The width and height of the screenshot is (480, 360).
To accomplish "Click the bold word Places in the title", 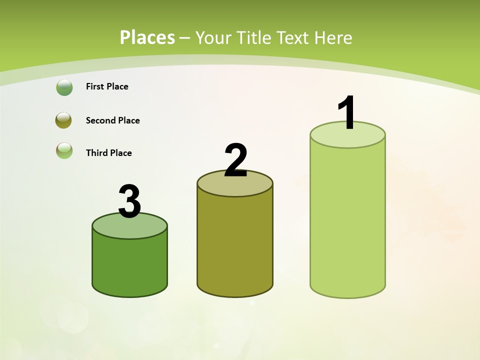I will click(x=147, y=37).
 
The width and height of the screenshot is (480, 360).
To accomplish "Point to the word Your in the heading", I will click(x=213, y=37).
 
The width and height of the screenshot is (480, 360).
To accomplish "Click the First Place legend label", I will click(x=107, y=86).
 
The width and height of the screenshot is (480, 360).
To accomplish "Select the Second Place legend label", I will click(x=112, y=120).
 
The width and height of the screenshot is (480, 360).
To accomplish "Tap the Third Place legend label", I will click(x=108, y=153).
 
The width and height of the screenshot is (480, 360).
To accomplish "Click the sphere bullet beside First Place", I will click(x=64, y=87).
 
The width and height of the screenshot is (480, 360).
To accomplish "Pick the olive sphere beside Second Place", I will click(x=64, y=120).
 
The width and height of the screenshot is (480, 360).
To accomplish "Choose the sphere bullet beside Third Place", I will click(x=64, y=150).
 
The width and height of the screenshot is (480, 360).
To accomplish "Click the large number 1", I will click(x=347, y=113).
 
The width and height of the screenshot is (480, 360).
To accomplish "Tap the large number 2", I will click(x=235, y=160).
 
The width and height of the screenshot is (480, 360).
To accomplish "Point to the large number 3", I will click(x=129, y=202).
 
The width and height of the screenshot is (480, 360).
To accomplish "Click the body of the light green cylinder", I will click(x=347, y=220).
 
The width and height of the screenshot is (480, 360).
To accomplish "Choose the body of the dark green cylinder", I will click(x=129, y=265).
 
